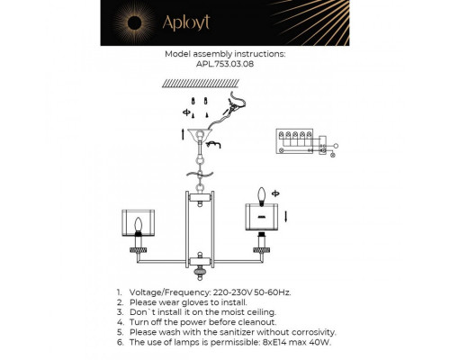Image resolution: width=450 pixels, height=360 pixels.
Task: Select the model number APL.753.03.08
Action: [225, 65]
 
